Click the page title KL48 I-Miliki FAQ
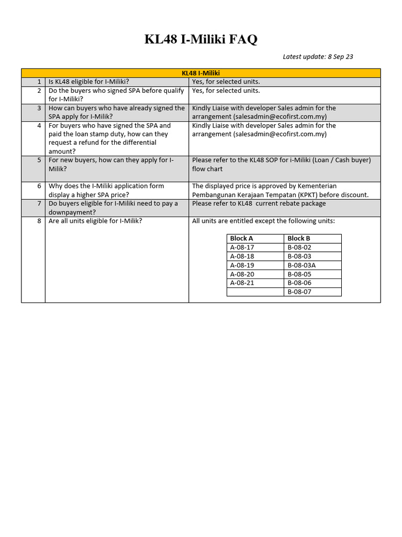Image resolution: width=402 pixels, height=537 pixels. (x=201, y=39)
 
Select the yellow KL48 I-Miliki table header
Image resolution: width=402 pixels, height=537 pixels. (x=201, y=73)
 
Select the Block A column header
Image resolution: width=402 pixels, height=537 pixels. (x=241, y=239)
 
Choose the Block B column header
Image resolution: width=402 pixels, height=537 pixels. (x=299, y=239)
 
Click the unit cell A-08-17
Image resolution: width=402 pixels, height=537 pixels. (x=242, y=248)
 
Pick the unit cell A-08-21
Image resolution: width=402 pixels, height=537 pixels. (x=242, y=283)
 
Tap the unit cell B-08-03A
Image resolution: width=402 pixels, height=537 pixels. (x=301, y=265)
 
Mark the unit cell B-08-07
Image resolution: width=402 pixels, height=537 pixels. (x=299, y=292)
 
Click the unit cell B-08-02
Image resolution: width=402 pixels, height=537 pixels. (x=299, y=248)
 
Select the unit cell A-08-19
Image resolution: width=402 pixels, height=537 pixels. (x=242, y=265)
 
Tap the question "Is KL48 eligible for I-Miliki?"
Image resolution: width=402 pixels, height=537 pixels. (x=89, y=82)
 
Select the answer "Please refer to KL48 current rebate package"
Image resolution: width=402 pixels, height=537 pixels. (x=259, y=203)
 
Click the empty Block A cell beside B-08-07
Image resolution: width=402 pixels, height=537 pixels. (x=255, y=292)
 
